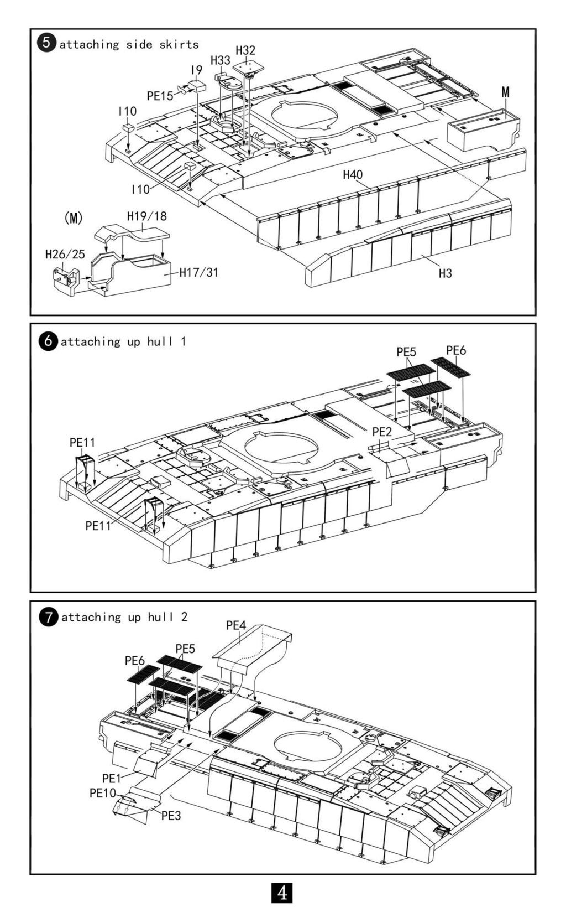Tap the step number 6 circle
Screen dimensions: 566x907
coord(48,341)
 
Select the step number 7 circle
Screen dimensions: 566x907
coord(49,617)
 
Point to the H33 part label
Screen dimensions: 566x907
coord(221,61)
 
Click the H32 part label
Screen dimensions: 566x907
coord(245,50)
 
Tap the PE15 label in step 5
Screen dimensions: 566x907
coord(160,96)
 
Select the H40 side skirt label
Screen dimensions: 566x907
coord(353,175)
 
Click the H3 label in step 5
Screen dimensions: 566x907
coord(445,274)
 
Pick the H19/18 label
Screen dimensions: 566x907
coord(147,216)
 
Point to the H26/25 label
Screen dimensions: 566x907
coord(65,255)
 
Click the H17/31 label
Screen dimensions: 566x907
coord(198,272)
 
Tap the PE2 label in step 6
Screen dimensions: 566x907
coord(382,432)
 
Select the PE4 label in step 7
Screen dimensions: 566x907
coord(236,625)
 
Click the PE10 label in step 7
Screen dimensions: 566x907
coord(103,793)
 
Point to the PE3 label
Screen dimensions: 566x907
coord(171,816)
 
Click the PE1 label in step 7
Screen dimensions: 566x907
coord(112,778)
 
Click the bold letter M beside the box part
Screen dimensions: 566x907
coord(505,92)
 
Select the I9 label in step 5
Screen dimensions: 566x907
coord(196,70)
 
